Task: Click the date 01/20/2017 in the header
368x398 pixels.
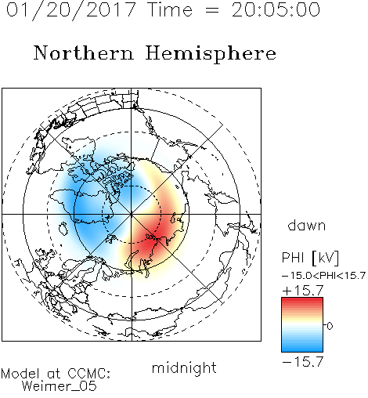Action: click(x=71, y=10)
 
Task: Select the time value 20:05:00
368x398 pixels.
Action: click(x=276, y=10)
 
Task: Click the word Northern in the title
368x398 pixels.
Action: click(x=84, y=53)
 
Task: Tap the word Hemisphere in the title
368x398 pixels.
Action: click(x=211, y=54)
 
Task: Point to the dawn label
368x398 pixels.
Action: click(x=307, y=225)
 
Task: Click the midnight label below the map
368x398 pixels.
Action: click(x=184, y=367)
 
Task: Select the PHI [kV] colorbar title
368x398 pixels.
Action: click(x=310, y=258)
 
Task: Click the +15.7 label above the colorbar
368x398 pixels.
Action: click(x=303, y=291)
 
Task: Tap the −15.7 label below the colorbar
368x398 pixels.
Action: click(x=303, y=362)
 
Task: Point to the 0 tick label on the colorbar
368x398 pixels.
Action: click(x=330, y=326)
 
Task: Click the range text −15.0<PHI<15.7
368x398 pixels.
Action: click(x=323, y=276)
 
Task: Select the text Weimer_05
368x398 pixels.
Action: click(x=60, y=386)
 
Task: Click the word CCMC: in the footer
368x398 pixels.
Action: click(x=89, y=374)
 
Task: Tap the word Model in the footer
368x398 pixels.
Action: click(x=20, y=374)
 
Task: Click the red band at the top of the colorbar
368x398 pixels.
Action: click(x=302, y=301)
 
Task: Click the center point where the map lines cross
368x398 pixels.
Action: click(x=132, y=215)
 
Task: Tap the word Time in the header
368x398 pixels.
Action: click(x=170, y=10)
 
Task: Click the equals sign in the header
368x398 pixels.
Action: click(x=212, y=10)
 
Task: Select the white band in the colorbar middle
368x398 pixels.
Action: click(x=302, y=325)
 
